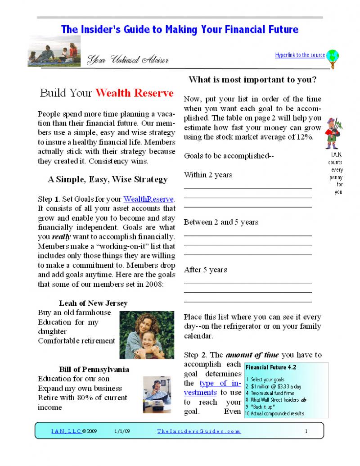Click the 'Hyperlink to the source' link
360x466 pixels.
pyautogui.click(x=300, y=55)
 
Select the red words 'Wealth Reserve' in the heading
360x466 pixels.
pyautogui.click(x=134, y=93)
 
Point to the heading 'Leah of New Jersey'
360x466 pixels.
pyautogui.click(x=93, y=303)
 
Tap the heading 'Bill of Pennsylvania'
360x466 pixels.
pyautogui.click(x=94, y=369)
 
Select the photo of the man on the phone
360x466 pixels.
pyautogui.click(x=157, y=394)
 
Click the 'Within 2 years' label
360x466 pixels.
pyautogui.click(x=208, y=175)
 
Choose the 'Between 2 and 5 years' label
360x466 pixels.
pyautogui.click(x=221, y=222)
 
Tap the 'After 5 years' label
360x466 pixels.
pyautogui.click(x=205, y=270)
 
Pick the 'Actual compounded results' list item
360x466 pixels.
pyautogui.click(x=277, y=413)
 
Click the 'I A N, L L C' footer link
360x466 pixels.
pyautogui.click(x=66, y=431)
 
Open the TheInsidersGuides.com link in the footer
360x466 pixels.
pyautogui.click(x=199, y=431)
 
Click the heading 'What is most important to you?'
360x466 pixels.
pyautogui.click(x=252, y=80)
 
